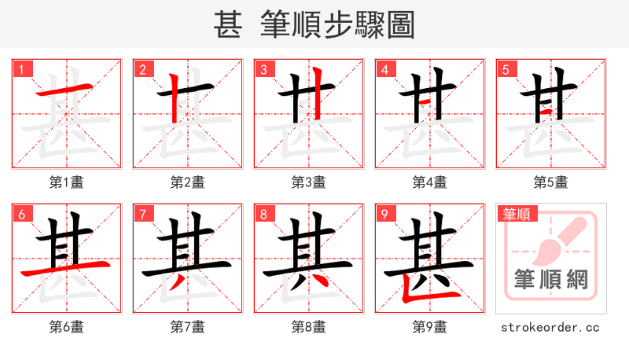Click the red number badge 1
21,69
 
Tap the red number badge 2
142,69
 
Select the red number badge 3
263,69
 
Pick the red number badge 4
384,69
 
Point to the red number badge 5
506,69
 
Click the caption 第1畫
66,182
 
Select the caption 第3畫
308,182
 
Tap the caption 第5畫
550,182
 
